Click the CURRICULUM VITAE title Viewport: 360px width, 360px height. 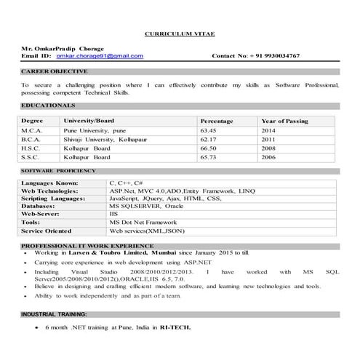(180, 34)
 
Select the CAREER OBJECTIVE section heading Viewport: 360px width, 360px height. (55, 71)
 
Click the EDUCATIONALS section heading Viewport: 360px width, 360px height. (49, 105)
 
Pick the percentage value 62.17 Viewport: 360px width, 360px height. (209, 138)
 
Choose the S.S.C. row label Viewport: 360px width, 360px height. (33, 156)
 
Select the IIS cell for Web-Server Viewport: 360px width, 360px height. (113, 215)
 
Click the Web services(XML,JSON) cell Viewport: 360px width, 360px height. (142, 231)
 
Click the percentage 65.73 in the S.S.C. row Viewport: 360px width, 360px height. (209, 156)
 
